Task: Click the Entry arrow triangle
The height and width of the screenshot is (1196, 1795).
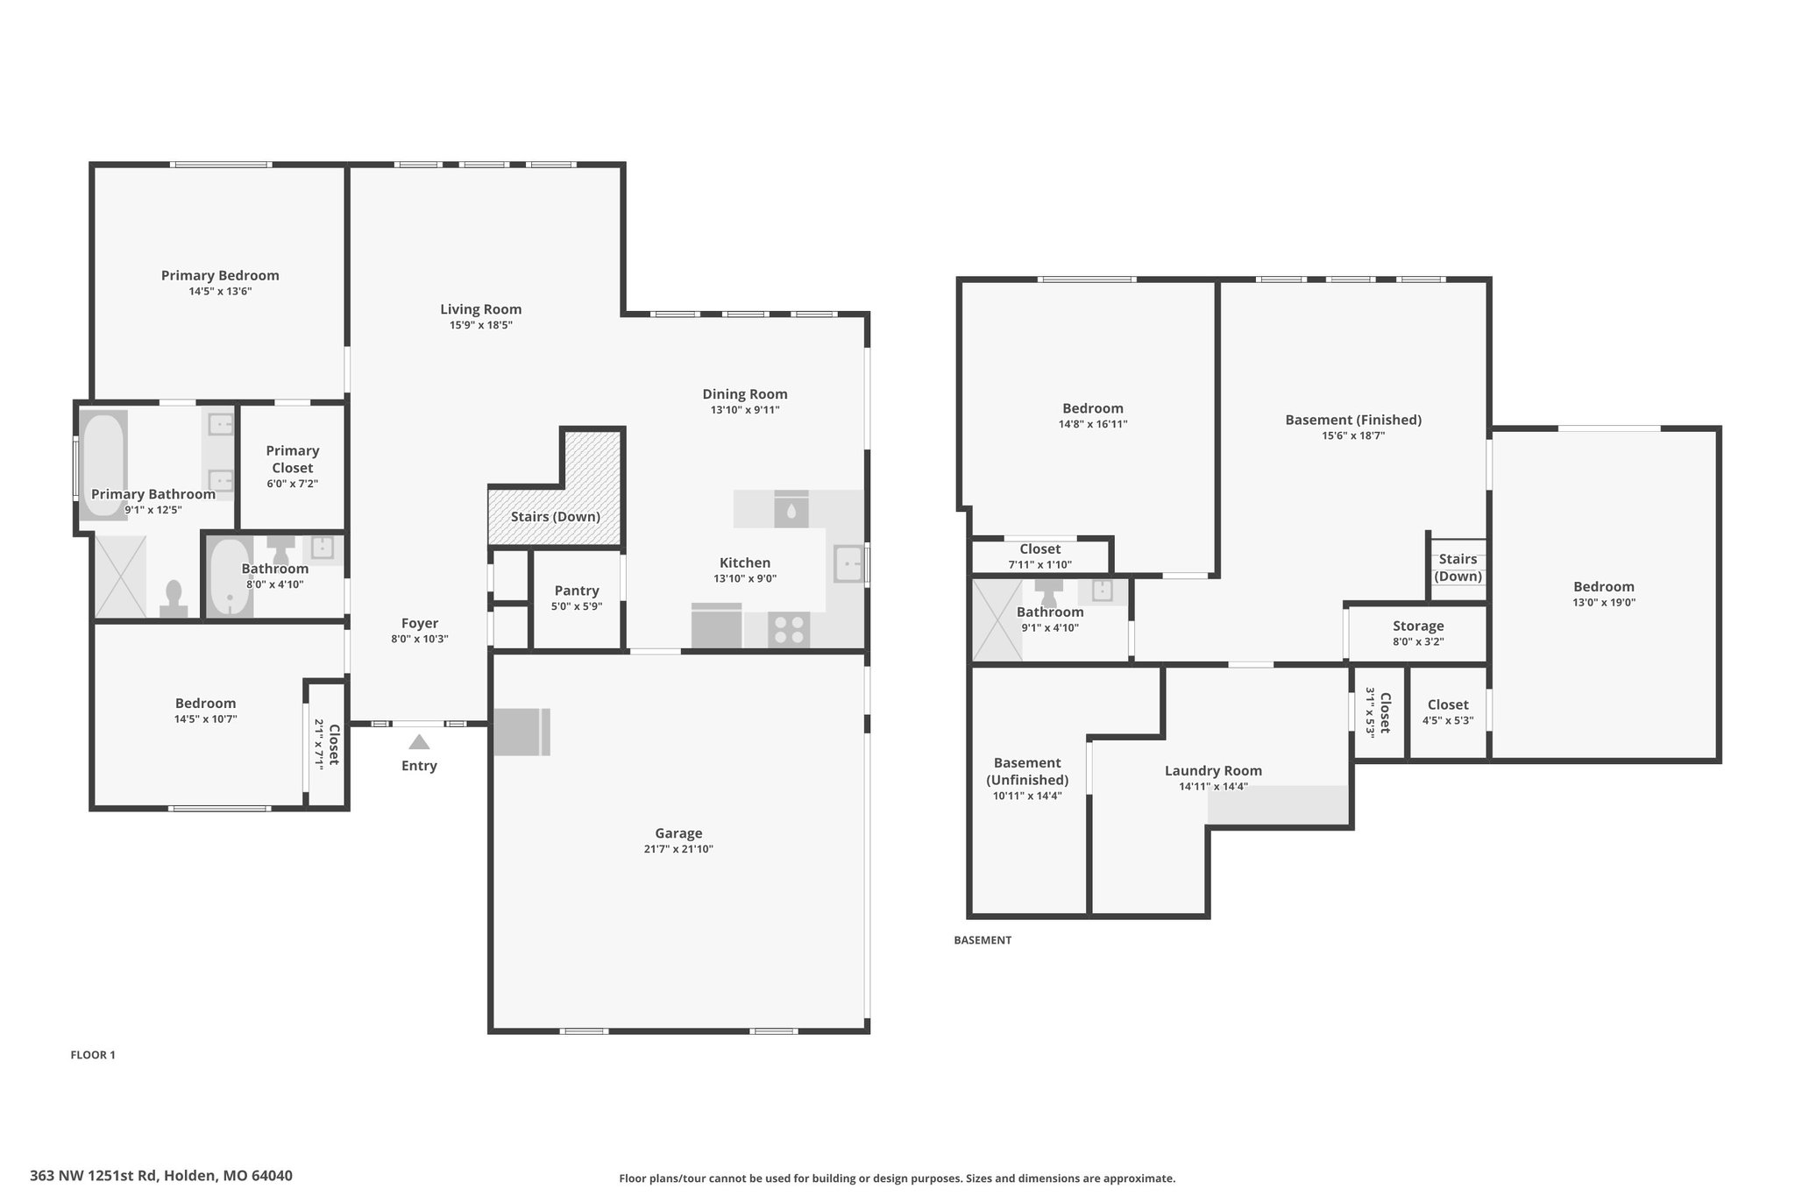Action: coord(419,742)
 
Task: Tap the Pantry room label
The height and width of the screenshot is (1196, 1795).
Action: coord(577,591)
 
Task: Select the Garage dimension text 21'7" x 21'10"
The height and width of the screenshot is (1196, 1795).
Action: coord(678,849)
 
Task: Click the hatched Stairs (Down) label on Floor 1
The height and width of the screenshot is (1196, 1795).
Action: coord(556,517)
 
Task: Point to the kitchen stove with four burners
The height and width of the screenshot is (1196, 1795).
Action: coord(789,630)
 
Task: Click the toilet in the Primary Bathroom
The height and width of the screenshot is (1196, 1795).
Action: coord(174,598)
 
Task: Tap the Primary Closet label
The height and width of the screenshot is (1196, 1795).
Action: coord(293,459)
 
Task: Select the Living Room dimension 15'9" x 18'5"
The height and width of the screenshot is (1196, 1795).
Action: coord(481,325)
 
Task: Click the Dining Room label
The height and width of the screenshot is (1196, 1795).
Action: coord(745,394)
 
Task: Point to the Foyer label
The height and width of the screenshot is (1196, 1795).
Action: coord(420,624)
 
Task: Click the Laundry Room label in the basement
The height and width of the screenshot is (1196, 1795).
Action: coord(1213,771)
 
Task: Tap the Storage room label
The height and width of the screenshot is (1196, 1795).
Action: coord(1418,626)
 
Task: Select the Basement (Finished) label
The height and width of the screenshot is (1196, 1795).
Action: coord(1353,420)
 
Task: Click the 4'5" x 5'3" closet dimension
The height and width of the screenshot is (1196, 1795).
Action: coord(1448,720)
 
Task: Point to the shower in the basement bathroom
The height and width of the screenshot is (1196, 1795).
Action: coord(997,620)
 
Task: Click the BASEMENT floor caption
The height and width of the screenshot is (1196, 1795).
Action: coord(983,940)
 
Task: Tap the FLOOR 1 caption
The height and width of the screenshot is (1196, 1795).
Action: coord(93,1055)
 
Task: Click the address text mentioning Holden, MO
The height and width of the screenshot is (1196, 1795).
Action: coord(161,1176)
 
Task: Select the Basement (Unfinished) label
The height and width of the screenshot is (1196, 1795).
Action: coord(1027,771)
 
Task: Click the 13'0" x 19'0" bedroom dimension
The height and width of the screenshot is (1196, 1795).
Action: coord(1604,602)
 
